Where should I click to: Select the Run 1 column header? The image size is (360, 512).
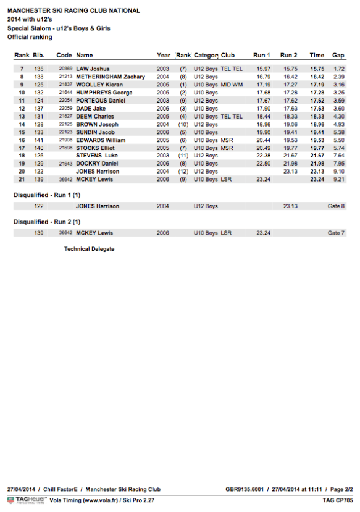[x=262, y=55]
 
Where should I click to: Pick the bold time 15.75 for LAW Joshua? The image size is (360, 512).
[x=317, y=69]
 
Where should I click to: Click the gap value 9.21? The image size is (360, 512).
[x=338, y=179]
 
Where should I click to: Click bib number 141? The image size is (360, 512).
[x=39, y=140]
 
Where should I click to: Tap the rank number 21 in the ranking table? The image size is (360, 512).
[x=22, y=179]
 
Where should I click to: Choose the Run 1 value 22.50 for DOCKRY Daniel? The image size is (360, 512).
[x=264, y=164]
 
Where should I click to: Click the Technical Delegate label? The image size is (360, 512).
[x=89, y=249]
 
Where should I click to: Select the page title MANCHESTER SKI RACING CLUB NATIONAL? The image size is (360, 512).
[x=73, y=11]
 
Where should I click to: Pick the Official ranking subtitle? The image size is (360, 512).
[x=30, y=37]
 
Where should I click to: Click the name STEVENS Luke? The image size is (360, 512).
[x=96, y=156]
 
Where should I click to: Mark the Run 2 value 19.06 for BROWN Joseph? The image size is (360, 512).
[x=290, y=124]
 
